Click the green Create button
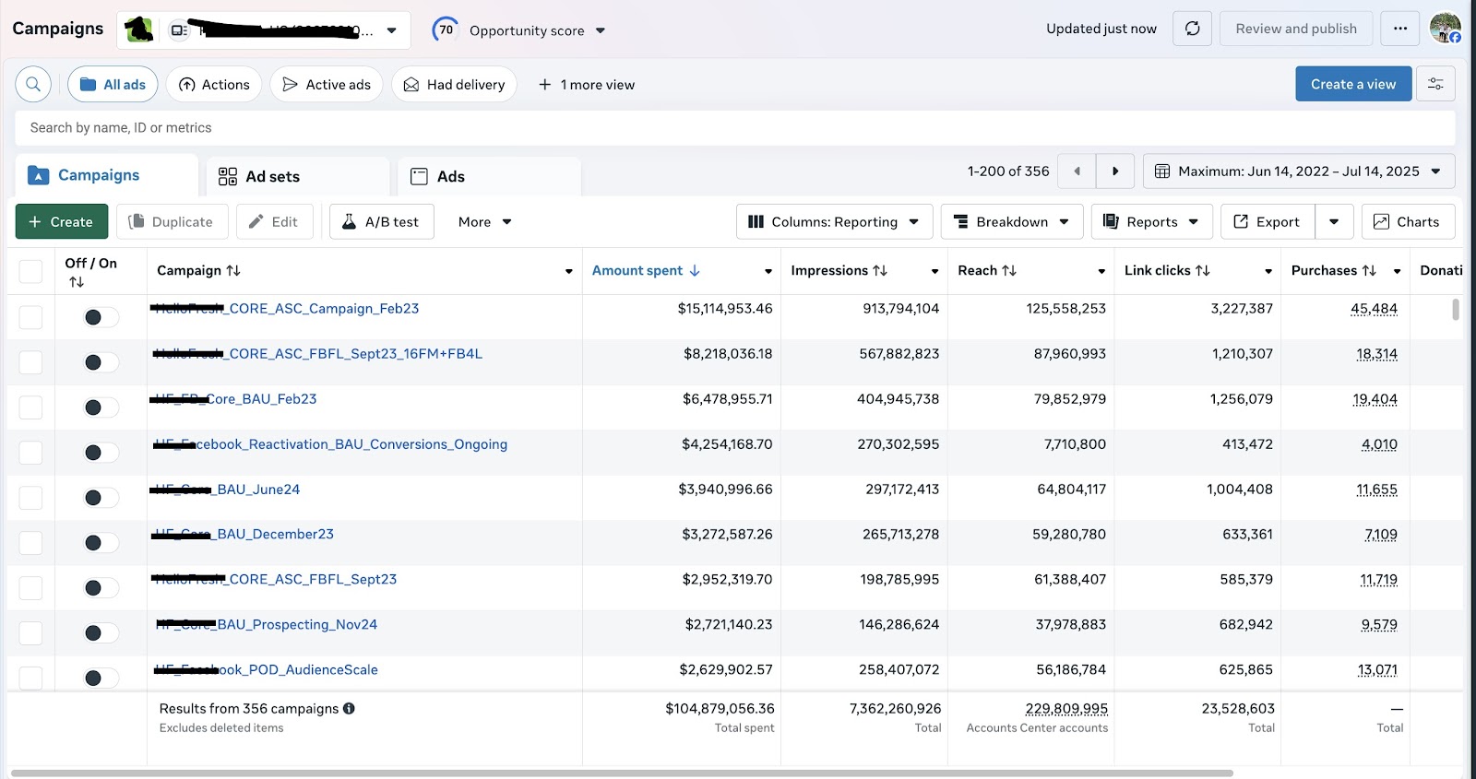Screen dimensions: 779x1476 61,221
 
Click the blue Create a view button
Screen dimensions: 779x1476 1352,84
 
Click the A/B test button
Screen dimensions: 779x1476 381,221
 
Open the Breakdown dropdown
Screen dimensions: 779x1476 1011,221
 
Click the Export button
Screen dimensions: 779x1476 1267,221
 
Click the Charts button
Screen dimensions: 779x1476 1406,221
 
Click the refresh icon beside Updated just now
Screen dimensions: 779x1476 1192,29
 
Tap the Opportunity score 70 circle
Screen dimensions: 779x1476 446,30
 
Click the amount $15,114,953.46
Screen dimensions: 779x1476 724,309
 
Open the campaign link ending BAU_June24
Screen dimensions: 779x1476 258,490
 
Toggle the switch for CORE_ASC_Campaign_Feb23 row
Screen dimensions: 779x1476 101,317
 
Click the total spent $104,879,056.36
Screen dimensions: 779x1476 720,708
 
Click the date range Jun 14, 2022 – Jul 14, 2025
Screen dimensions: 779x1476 1298,171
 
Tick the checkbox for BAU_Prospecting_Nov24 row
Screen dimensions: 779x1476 30,633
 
